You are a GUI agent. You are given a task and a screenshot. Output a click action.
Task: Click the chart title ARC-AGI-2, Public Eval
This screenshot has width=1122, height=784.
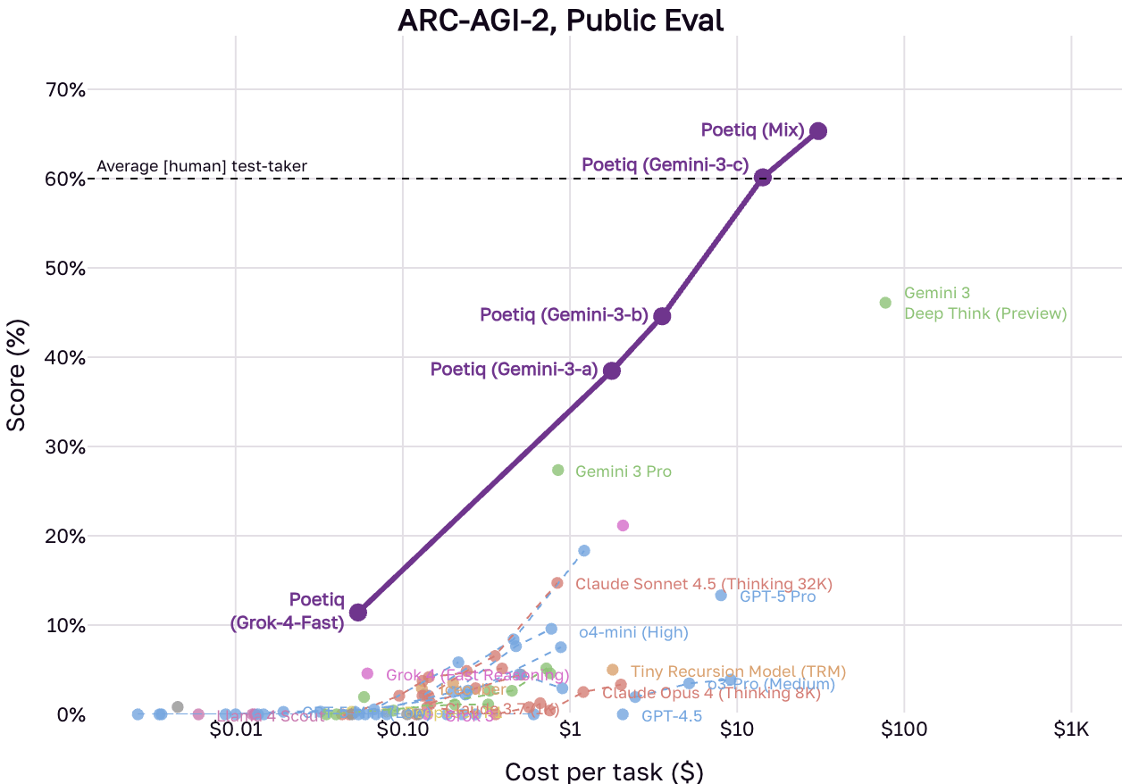point(560,20)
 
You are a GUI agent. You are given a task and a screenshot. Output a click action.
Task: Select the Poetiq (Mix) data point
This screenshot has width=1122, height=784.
point(817,131)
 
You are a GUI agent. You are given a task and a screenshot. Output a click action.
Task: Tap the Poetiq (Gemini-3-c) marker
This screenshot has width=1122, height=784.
point(762,178)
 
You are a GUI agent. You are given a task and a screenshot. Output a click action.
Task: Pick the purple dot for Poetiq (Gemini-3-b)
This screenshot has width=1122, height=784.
point(662,316)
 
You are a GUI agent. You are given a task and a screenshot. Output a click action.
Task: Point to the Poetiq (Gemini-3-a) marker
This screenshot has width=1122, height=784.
point(612,371)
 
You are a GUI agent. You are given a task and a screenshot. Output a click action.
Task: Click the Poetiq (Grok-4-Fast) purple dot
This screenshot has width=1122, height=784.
point(358,613)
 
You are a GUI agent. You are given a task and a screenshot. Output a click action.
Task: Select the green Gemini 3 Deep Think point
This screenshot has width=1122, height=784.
point(885,303)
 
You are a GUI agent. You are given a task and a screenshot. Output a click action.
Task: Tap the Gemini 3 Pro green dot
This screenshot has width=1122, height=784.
point(558,471)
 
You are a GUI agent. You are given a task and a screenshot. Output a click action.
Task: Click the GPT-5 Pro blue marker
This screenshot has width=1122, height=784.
point(721,596)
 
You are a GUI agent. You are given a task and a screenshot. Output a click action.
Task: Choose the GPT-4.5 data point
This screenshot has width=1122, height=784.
point(623,714)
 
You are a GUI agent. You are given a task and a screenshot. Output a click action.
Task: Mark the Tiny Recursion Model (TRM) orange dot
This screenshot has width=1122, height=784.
point(612,670)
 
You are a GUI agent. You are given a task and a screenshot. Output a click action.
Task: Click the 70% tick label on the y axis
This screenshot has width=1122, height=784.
point(64,90)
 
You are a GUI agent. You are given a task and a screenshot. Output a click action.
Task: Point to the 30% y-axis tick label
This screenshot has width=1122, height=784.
point(64,447)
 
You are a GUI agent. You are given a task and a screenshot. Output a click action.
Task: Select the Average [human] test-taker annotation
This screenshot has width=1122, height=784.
point(202,166)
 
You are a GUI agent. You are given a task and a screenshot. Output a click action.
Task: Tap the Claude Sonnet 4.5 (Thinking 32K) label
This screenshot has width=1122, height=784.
point(704,584)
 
